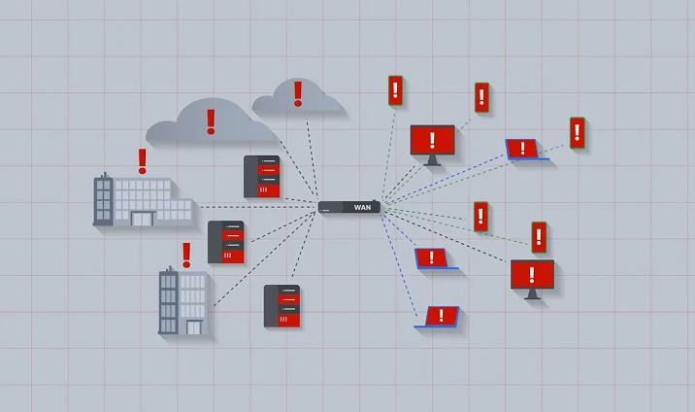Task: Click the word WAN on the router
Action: [362, 207]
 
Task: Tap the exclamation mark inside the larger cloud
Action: [211, 121]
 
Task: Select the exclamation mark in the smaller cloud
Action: [298, 93]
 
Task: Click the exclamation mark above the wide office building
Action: [143, 161]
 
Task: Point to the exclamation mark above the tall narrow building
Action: [186, 255]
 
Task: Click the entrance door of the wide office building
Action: [143, 219]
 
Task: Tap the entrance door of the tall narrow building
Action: [194, 327]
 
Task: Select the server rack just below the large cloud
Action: [261, 177]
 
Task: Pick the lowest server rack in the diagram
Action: [281, 306]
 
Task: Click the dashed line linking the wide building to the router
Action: [259, 207]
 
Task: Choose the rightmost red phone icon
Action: [578, 132]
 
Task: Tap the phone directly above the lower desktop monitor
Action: [539, 237]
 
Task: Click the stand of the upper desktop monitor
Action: [432, 160]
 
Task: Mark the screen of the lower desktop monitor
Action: [532, 275]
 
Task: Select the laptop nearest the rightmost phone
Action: [526, 150]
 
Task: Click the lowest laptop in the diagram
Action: [437, 317]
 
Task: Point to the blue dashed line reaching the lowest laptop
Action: [399, 264]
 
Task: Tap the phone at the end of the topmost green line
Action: [395, 90]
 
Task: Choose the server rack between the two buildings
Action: [226, 242]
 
